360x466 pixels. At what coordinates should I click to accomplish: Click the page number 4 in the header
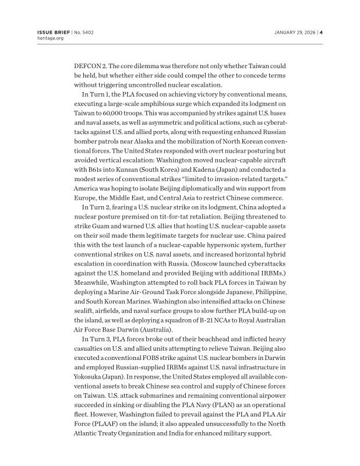tap(321, 32)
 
